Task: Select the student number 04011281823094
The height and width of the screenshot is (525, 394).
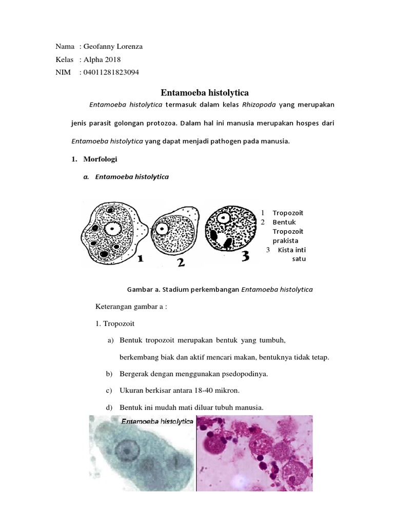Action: coord(109,72)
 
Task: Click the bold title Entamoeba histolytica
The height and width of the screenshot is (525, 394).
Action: coord(204,93)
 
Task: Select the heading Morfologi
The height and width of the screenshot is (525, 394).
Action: coord(100,159)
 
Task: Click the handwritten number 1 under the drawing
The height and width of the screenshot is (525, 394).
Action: coord(140,260)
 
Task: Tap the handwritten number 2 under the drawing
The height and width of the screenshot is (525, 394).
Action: coord(181,263)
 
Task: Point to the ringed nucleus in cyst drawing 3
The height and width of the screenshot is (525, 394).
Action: coord(224,217)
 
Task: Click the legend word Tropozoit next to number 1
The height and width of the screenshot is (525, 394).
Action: coord(288,213)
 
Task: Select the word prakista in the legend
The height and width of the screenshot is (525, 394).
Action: coord(285,240)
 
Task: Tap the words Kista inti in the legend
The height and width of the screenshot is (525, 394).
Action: coord(292,250)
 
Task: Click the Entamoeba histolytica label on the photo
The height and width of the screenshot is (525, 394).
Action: coord(157,421)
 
